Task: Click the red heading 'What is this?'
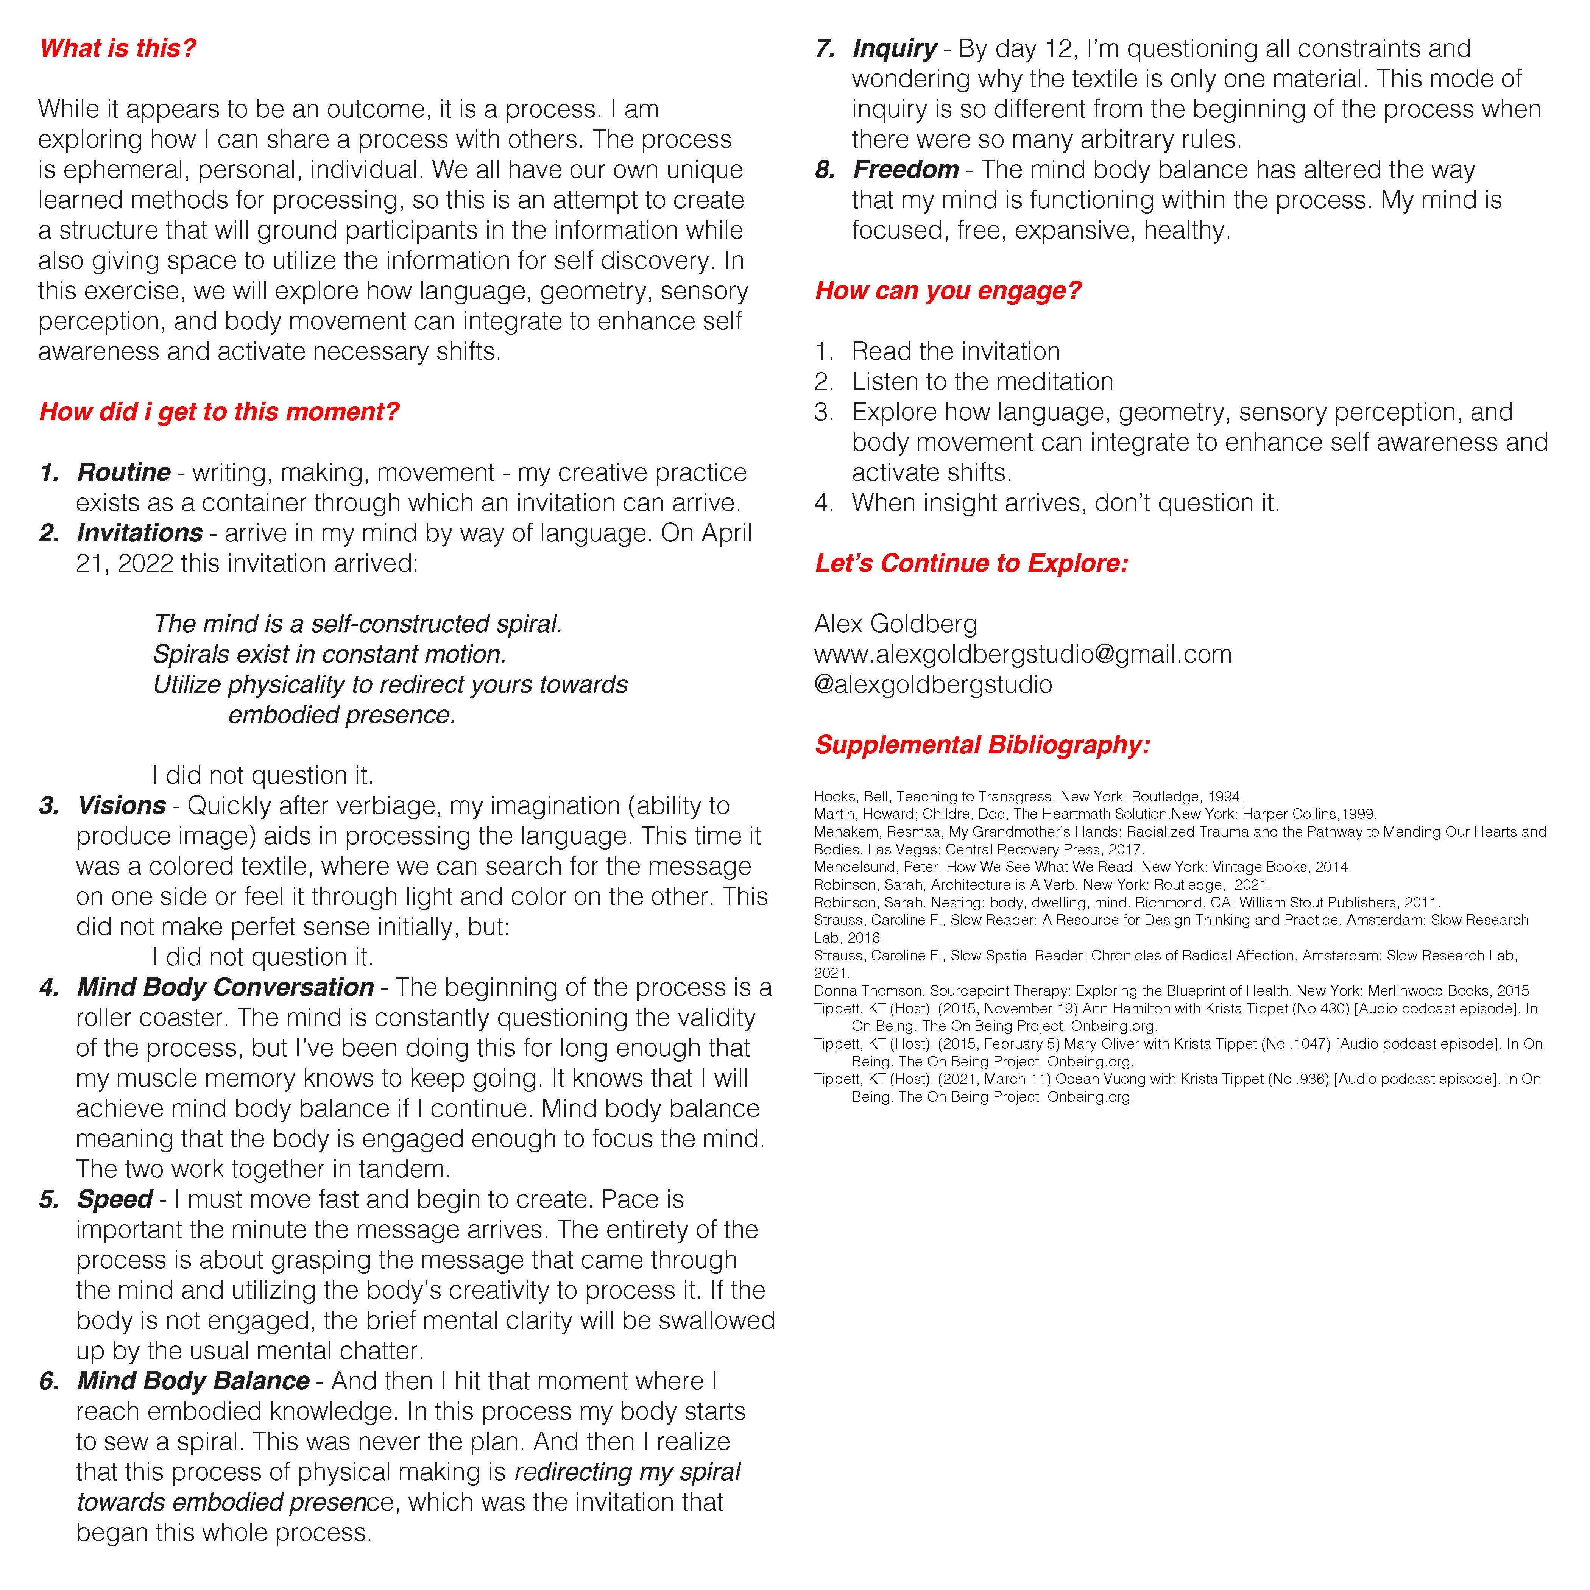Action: point(118,48)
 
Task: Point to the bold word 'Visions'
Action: point(122,806)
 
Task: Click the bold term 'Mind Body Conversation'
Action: point(226,988)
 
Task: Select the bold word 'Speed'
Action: point(114,1199)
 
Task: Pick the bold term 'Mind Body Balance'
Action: point(193,1381)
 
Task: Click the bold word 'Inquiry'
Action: point(895,48)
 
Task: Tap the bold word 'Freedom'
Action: point(905,170)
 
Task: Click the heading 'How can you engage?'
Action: point(948,290)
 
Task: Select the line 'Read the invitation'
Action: point(956,351)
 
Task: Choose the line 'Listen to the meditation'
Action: point(982,382)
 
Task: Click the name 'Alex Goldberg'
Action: point(895,624)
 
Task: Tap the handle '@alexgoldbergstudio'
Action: point(932,685)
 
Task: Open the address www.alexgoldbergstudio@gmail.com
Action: point(1022,654)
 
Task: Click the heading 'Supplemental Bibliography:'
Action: point(982,745)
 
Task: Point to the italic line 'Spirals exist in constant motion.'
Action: point(329,654)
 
